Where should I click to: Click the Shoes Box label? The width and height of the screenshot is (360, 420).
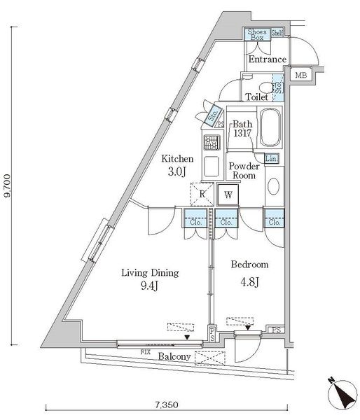click(x=256, y=35)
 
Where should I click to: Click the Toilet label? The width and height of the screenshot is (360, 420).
click(x=256, y=97)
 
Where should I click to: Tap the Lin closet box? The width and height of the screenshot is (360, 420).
click(x=272, y=159)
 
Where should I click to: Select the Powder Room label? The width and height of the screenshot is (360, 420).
click(x=244, y=171)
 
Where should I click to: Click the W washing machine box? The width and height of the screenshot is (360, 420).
click(x=227, y=195)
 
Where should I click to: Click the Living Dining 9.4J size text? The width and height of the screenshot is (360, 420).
click(x=149, y=279)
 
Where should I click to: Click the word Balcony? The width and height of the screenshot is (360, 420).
click(x=172, y=356)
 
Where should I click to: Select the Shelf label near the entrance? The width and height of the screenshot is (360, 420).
click(x=277, y=33)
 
